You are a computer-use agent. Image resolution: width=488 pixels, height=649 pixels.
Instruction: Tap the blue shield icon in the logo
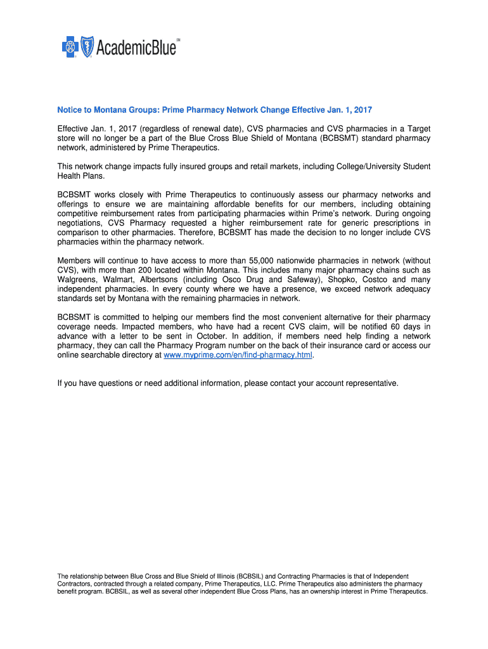(x=86, y=46)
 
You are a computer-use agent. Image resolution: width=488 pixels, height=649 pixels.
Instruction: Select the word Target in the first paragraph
(x=416, y=129)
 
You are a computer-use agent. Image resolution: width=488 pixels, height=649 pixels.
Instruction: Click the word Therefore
(x=197, y=233)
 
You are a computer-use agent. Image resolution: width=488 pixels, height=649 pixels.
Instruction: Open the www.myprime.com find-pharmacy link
(x=238, y=355)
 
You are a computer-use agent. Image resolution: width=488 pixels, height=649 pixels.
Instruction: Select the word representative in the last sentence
(x=370, y=383)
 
